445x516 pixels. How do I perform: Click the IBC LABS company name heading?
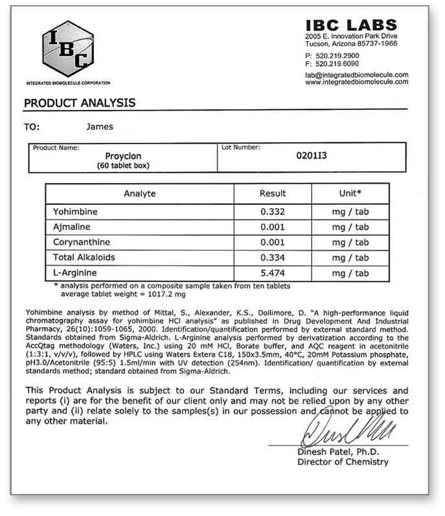pyautogui.click(x=356, y=24)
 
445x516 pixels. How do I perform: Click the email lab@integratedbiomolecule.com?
pyautogui.click(x=356, y=75)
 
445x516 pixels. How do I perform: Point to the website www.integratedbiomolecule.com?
pyautogui.click(x=356, y=82)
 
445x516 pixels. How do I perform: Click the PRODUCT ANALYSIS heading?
pyautogui.click(x=80, y=103)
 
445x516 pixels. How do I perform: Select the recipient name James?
pyautogui.click(x=99, y=127)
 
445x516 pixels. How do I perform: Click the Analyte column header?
pyautogui.click(x=139, y=193)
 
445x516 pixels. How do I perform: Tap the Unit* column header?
pyautogui.click(x=350, y=193)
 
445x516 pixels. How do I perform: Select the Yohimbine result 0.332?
pyautogui.click(x=272, y=212)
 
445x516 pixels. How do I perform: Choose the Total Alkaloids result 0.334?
pyautogui.click(x=272, y=258)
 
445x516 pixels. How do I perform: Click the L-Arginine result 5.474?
pyautogui.click(x=272, y=274)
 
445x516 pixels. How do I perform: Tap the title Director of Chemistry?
pyautogui.click(x=343, y=462)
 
